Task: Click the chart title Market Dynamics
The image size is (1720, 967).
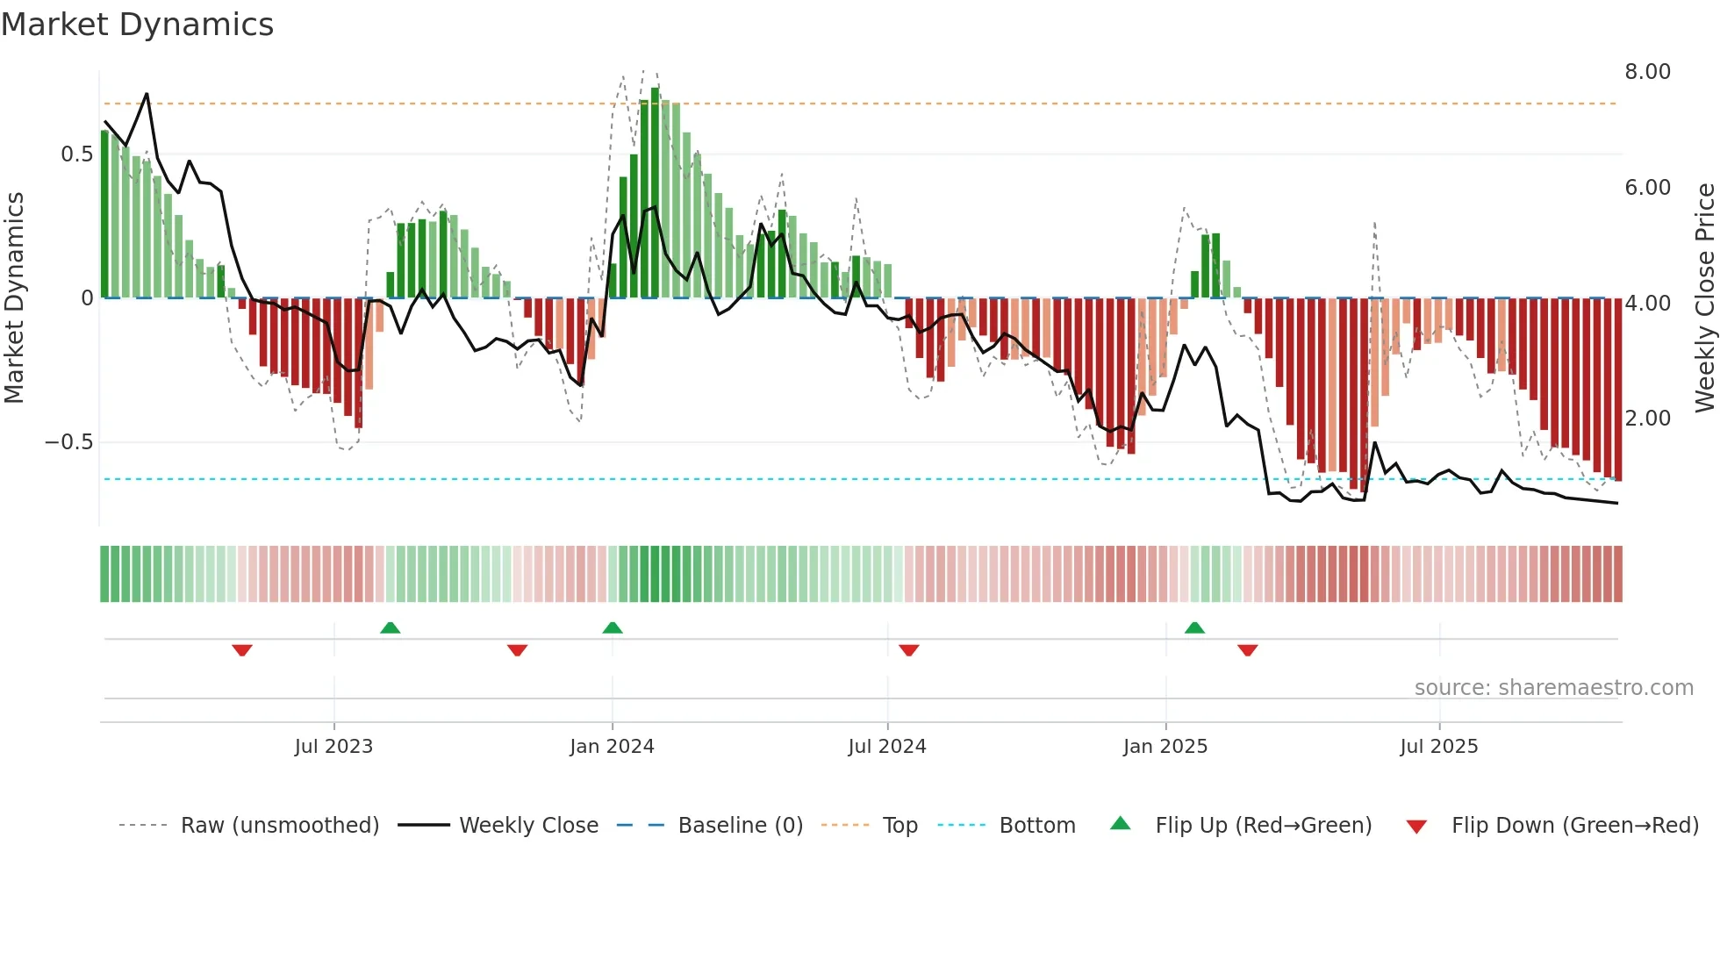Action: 137,25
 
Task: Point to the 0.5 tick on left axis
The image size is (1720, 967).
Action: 76,154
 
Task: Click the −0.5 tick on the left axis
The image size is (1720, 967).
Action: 68,441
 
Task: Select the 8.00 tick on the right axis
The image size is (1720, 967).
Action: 1647,72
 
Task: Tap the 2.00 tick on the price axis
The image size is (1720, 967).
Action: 1647,419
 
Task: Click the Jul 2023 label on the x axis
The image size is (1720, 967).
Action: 333,747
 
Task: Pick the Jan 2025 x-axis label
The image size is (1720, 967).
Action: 1165,747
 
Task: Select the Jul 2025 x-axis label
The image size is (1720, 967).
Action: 1438,747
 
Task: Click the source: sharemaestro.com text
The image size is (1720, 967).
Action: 1553,688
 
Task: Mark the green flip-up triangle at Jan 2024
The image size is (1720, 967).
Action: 613,628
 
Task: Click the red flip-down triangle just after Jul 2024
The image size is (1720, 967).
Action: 909,650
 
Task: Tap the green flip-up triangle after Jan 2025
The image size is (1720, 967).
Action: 1194,628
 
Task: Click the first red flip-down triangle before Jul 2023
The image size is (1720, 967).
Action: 242,650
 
